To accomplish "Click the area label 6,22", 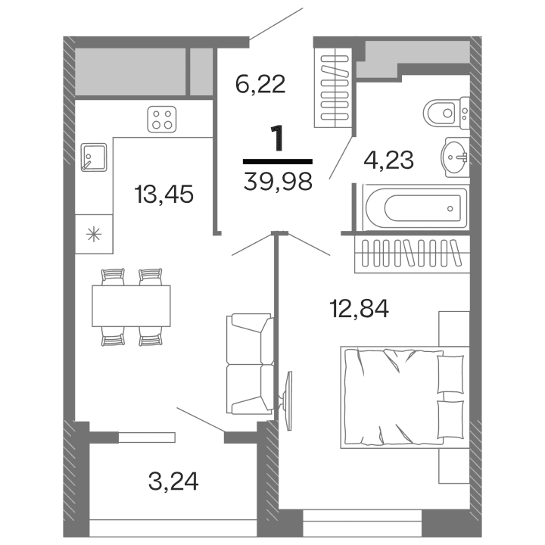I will tap(260, 83).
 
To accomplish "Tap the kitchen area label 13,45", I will tap(163, 195).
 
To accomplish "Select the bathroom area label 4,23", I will tap(388, 160).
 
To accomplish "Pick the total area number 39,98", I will tap(279, 182).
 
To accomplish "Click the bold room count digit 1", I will tap(278, 139).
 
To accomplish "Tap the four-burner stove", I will tap(161, 120).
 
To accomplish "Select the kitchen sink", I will tap(92, 157).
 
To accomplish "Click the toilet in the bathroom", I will tap(444, 114).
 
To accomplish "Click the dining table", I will tap(131, 306).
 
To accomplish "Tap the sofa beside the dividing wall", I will tap(248, 364).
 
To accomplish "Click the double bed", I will tap(401, 394).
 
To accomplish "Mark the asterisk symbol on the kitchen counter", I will tap(94, 233).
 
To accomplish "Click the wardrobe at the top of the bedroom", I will tap(410, 256).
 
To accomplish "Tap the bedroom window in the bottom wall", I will tap(362, 517).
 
